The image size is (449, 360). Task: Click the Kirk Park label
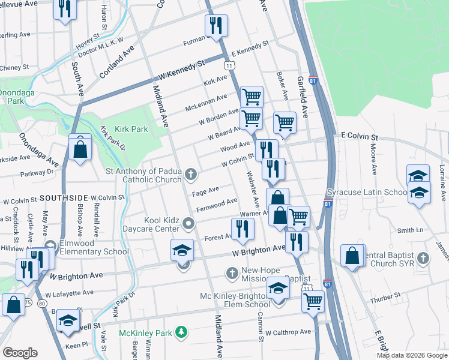(x=131, y=129)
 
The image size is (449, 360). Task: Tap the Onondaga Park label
(x=12, y=97)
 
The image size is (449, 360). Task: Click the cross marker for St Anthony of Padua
(x=191, y=175)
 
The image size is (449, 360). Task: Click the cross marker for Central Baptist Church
(x=424, y=258)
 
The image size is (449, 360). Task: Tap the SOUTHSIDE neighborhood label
(x=64, y=197)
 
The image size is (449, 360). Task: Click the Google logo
(x=20, y=353)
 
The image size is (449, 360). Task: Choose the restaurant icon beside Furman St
(x=215, y=25)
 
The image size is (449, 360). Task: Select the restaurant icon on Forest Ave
(x=243, y=229)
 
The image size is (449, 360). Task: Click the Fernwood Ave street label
(x=217, y=206)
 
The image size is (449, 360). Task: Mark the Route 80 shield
(x=41, y=304)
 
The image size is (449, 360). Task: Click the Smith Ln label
(x=410, y=230)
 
